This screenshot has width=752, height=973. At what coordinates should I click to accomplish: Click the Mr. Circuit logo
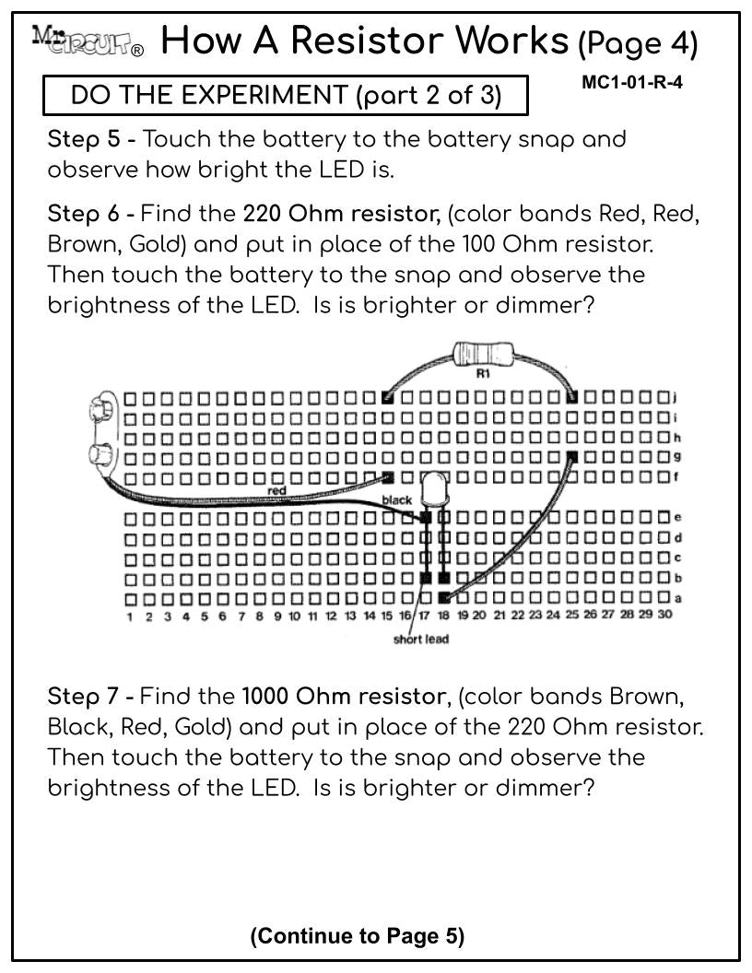coord(88,41)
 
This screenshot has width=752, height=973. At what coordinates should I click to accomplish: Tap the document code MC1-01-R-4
coord(632,83)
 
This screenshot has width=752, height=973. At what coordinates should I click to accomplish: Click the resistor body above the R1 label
coord(483,355)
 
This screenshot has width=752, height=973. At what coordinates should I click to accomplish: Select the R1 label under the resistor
coord(483,373)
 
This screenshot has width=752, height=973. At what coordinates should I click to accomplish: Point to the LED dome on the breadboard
coord(435,488)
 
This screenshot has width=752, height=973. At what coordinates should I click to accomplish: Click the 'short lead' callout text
coord(420,639)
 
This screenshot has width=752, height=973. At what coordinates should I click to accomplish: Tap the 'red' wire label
coord(276,491)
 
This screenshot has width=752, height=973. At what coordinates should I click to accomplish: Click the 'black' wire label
coord(397,499)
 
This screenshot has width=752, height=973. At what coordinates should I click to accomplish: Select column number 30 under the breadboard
coord(664,615)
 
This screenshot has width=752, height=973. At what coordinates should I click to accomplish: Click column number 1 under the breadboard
coord(130,616)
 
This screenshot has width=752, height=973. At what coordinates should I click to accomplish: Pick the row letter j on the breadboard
coord(676,397)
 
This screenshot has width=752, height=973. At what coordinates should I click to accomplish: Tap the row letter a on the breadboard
coord(678,599)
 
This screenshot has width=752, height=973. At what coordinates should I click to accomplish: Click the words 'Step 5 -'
coord(92,138)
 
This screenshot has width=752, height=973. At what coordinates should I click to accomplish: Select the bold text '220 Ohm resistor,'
coord(341,214)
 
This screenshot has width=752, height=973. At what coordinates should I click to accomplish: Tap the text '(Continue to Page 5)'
coord(358,936)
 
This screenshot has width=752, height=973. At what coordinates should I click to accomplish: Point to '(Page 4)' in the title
coord(638,43)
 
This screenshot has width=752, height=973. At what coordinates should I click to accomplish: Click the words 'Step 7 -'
coord(91,696)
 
